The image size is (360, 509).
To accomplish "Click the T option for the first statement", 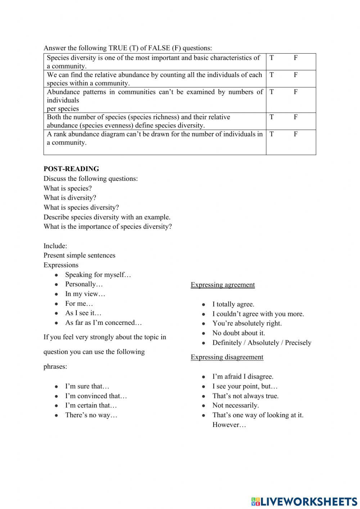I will click(271, 58).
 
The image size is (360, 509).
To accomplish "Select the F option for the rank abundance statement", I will click(296, 134).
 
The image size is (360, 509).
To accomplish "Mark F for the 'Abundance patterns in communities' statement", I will click(296, 92).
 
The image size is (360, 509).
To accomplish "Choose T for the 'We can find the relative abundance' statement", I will click(271, 75).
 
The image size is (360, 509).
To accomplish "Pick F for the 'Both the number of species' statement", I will click(296, 117).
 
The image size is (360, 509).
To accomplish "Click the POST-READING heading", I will click(71, 169).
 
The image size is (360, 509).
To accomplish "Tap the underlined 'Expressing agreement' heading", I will click(222, 285).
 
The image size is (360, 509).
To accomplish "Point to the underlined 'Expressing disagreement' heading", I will click(227, 357).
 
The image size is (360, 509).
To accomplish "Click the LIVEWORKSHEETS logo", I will click(304, 501).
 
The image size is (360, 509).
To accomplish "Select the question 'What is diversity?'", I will click(70, 198).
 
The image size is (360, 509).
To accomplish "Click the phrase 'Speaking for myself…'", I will click(98, 275).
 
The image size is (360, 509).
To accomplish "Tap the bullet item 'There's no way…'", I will click(91, 415).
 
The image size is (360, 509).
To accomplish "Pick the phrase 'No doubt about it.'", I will click(238, 333).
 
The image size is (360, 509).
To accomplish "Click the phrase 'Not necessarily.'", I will click(235, 406).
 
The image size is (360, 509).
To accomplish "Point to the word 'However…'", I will click(229, 425).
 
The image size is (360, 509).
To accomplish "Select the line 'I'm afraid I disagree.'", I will click(243, 376).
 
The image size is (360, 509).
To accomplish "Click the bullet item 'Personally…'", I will click(84, 284).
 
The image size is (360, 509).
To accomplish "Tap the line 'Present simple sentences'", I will click(80, 255).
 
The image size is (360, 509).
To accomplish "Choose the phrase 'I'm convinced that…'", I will click(96, 396).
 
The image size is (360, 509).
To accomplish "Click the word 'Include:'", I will click(55, 246).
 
